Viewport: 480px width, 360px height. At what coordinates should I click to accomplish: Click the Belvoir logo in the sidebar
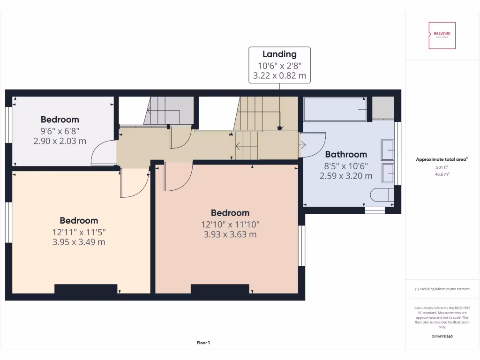pyautogui.click(x=442, y=35)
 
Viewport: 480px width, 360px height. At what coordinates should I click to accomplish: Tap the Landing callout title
pyautogui.click(x=279, y=54)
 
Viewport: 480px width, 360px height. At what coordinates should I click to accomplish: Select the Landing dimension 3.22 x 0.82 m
pyautogui.click(x=279, y=75)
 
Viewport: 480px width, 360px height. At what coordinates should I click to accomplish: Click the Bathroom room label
pyautogui.click(x=346, y=154)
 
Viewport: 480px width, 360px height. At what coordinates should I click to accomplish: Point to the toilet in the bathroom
pyautogui.click(x=382, y=195)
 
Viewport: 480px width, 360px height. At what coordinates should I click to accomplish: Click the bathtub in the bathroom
pyautogui.click(x=335, y=109)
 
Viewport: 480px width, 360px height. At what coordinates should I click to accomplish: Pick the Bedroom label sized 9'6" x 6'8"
pyautogui.click(x=60, y=120)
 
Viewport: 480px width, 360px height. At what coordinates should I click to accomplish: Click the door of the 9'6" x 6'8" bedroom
pyautogui.click(x=102, y=153)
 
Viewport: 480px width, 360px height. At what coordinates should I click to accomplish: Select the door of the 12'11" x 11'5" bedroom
pyautogui.click(x=135, y=183)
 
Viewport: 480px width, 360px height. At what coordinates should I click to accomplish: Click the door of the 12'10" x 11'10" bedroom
pyautogui.click(x=178, y=177)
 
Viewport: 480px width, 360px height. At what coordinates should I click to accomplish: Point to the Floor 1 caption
pyautogui.click(x=203, y=343)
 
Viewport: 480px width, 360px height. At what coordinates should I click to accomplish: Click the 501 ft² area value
pyautogui.click(x=442, y=167)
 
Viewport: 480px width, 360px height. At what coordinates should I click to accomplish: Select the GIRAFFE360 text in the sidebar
pyautogui.click(x=442, y=337)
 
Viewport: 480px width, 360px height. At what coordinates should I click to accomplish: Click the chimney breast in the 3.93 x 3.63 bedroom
pyautogui.click(x=219, y=289)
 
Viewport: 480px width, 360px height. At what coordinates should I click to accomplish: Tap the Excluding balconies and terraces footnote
pyautogui.click(x=442, y=289)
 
